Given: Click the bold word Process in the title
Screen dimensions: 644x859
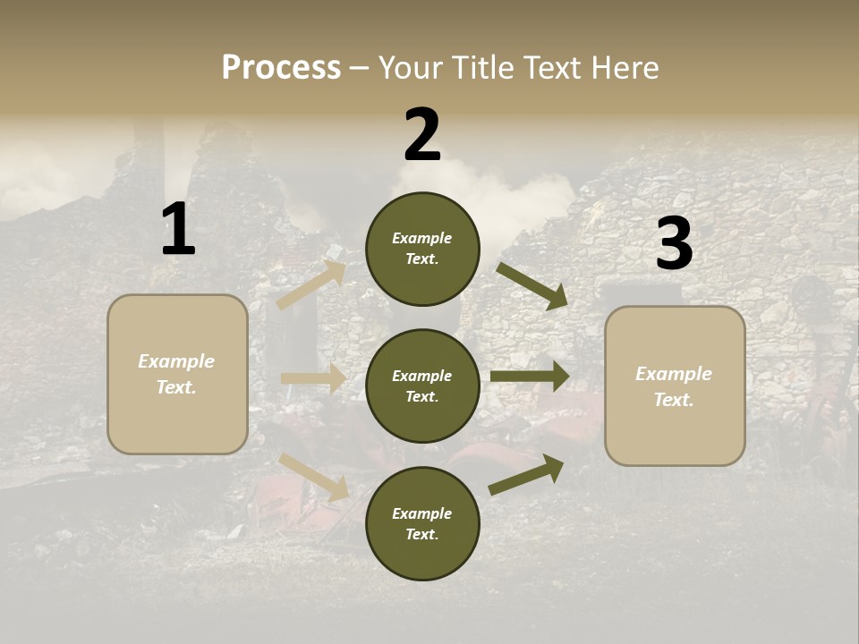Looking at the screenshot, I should [281, 67].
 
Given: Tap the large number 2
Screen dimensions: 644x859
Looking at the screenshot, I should [422, 135].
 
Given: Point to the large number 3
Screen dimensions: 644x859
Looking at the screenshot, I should [674, 244].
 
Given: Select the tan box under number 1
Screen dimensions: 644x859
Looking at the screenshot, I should [177, 374].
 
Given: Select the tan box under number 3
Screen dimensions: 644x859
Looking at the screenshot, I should [675, 386].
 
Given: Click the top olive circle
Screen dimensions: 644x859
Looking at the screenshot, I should [422, 249].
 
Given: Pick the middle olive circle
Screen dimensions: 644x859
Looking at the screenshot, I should [422, 386].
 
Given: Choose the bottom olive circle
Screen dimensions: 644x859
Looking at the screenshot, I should [422, 523].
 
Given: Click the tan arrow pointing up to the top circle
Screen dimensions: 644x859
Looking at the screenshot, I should [311, 284].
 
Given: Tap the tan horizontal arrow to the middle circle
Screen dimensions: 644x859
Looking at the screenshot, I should [313, 378].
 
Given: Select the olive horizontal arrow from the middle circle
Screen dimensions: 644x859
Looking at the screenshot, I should [530, 377].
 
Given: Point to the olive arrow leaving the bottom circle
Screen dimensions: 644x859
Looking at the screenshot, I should [526, 475].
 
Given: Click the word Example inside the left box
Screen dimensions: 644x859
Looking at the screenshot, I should [176, 361].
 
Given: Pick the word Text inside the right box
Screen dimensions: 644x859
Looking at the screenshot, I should [673, 400].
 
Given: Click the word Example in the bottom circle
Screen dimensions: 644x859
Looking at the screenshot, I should [421, 513].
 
